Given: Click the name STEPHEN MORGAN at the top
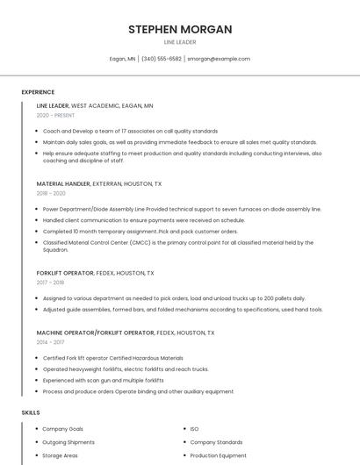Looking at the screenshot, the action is (x=180, y=29).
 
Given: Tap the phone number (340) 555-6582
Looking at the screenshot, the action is (x=162, y=59).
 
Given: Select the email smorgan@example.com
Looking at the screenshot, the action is (x=219, y=59).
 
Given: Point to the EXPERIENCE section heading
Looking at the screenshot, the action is (x=38, y=92).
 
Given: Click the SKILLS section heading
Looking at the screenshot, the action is (x=31, y=412).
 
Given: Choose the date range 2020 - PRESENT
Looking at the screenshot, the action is (x=55, y=115).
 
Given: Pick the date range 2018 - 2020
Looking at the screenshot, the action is (x=51, y=193).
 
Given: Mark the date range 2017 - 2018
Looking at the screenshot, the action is (x=50, y=283).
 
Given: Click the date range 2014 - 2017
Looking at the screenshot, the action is (x=50, y=342).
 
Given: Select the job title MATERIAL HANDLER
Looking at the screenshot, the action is (x=63, y=184).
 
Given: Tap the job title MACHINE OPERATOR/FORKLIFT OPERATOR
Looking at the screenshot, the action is (x=95, y=333).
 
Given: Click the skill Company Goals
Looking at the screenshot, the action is (x=62, y=429).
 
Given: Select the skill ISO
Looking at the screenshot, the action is (x=194, y=429).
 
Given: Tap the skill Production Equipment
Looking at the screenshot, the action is (x=218, y=455).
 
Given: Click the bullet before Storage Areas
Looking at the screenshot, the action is (x=36, y=455).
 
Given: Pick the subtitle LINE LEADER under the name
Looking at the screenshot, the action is (x=180, y=42).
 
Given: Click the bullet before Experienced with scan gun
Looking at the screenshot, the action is (x=36, y=380).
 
